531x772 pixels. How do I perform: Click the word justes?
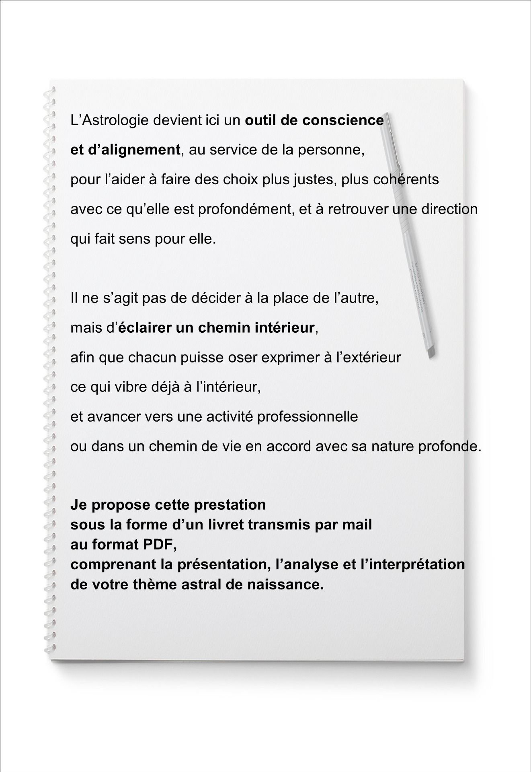pos(315,179)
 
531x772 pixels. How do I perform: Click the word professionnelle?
pos(308,416)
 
